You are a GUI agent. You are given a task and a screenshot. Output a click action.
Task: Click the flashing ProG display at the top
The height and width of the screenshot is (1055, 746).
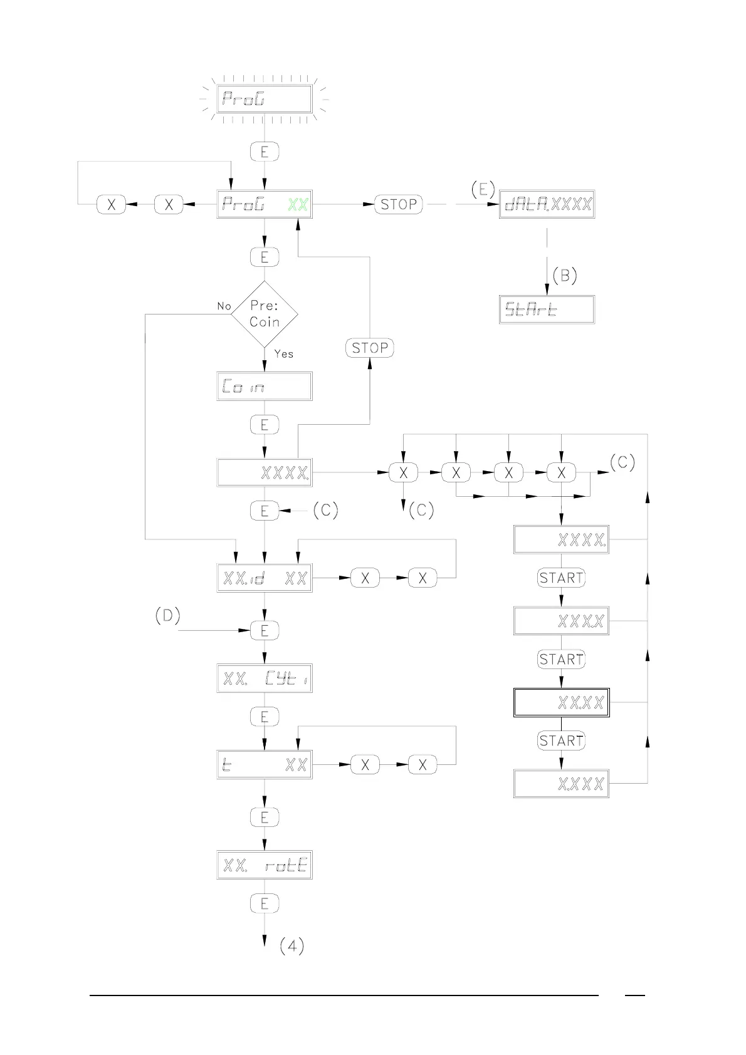tap(264, 99)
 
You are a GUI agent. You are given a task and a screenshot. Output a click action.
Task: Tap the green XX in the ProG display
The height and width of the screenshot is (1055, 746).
tap(298, 204)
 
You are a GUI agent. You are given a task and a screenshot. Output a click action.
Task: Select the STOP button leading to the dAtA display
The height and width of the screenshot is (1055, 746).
tap(399, 204)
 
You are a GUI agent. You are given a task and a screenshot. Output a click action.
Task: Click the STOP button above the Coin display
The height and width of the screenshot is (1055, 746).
tap(370, 348)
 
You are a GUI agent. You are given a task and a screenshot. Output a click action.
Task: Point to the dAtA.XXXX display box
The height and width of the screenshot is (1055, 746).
tap(547, 204)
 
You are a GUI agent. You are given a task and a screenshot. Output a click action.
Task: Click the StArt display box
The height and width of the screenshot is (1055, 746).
tap(547, 309)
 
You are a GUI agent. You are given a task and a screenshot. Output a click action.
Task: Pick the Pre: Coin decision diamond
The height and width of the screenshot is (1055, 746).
tap(265, 314)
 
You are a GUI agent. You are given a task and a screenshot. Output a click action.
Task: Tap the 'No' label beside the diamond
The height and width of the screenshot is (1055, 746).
tap(224, 306)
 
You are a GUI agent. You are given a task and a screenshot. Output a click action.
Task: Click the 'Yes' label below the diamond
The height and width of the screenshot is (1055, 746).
tap(283, 354)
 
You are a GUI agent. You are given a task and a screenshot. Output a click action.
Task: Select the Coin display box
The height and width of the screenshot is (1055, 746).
tap(264, 387)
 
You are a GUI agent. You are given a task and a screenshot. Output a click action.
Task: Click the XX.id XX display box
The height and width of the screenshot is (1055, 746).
tap(264, 578)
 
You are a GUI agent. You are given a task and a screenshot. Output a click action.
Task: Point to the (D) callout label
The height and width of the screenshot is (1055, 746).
tap(167, 616)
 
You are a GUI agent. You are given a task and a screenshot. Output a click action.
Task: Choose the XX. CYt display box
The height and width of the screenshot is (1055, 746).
tap(264, 678)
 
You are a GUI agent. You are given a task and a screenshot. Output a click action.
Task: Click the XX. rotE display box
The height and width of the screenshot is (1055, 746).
tap(264, 865)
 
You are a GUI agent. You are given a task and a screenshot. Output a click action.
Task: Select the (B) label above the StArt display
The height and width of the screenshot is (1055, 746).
tap(565, 276)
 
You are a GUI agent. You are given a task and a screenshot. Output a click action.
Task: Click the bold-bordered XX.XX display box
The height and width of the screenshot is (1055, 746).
tap(561, 702)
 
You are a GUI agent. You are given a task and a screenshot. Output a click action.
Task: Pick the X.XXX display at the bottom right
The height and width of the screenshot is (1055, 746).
tap(561, 784)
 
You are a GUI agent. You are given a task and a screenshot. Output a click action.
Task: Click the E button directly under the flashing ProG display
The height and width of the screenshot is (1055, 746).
tap(264, 152)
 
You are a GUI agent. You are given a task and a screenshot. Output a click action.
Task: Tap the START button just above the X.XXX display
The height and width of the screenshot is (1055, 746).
tap(561, 741)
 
